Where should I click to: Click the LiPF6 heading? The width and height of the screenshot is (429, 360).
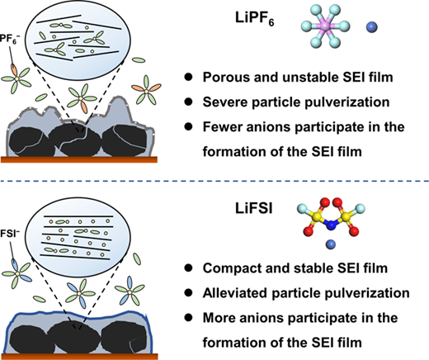click(x=254, y=19)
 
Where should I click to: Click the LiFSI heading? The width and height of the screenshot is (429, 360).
click(x=253, y=209)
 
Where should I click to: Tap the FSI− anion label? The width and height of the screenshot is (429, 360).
click(x=10, y=234)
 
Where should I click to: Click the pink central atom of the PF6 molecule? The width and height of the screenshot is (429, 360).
click(x=325, y=26)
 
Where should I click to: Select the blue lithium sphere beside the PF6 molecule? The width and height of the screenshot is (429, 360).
click(x=372, y=27)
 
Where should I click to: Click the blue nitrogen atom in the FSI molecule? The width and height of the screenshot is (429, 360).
click(x=332, y=225)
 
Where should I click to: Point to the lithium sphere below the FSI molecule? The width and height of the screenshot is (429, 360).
click(x=331, y=244)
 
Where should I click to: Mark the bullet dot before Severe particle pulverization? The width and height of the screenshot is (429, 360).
click(x=188, y=102)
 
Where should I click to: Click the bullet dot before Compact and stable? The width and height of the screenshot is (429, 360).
click(x=188, y=268)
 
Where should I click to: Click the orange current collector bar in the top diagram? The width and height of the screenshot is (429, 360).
click(x=79, y=159)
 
